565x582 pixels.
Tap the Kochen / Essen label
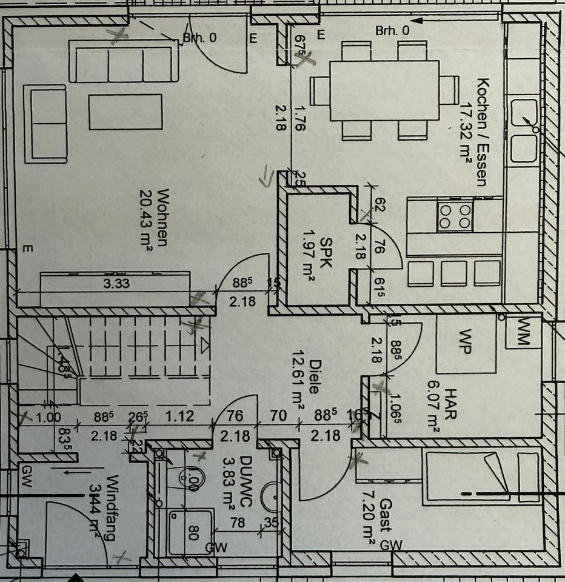point(483,132)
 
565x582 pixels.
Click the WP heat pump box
point(466,343)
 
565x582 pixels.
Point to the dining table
point(384,90)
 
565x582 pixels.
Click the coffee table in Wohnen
point(125,112)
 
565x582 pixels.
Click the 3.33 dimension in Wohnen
point(115,283)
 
